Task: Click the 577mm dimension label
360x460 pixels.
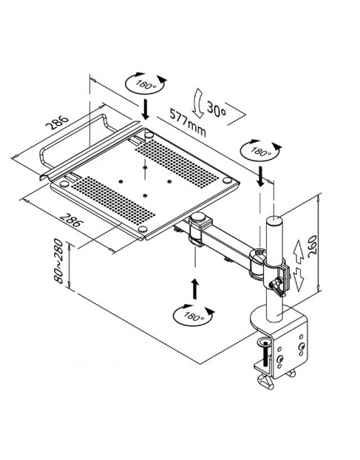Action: [x=187, y=122]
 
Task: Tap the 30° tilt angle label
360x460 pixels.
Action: [x=217, y=109]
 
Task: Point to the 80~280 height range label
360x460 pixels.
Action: [x=58, y=261]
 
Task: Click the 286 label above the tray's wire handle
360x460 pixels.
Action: [x=57, y=122]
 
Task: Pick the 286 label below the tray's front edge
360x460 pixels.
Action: [x=70, y=220]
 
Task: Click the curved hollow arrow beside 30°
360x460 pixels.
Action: [x=198, y=103]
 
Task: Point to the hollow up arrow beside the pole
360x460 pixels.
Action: [x=298, y=251]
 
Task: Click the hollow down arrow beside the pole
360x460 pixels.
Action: [x=299, y=279]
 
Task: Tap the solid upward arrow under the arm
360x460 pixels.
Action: [x=194, y=289]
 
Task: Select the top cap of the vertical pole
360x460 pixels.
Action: [x=274, y=221]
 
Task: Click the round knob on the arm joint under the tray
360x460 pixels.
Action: [x=198, y=218]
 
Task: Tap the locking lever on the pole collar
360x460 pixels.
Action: [x=277, y=287]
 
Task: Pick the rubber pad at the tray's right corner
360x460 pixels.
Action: [x=227, y=180]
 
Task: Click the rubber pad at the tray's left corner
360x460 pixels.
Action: [x=64, y=184]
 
